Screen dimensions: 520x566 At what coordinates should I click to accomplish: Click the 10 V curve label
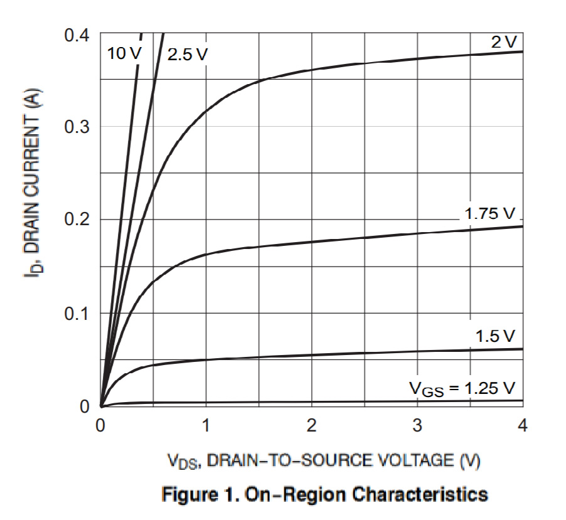coord(125,53)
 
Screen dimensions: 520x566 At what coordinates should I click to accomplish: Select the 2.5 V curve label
coord(187,54)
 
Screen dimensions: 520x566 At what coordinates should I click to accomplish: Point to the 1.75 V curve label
coord(489,213)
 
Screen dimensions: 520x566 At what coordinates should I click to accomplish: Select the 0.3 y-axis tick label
coord(77,127)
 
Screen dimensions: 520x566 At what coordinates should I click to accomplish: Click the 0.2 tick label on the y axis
coord(77,220)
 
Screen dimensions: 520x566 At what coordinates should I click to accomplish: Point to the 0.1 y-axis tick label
coord(77,312)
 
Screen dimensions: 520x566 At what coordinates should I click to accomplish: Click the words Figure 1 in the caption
coord(199,494)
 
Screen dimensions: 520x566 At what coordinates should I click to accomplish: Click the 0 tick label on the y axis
coord(85,406)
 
